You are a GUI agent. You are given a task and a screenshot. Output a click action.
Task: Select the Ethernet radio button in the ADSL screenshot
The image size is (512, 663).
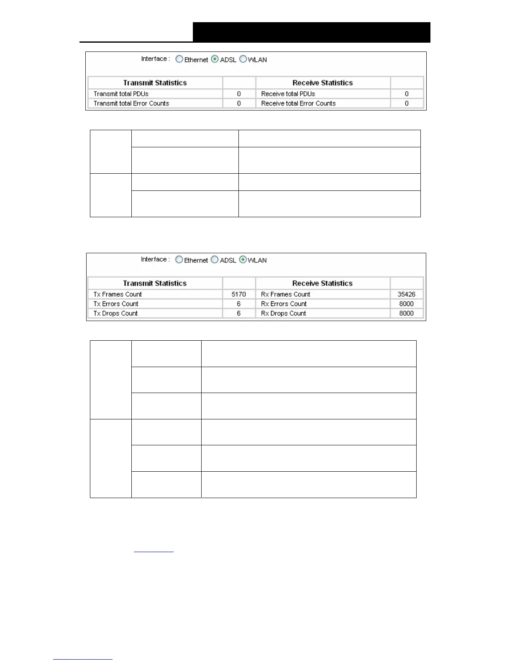[x=179, y=59]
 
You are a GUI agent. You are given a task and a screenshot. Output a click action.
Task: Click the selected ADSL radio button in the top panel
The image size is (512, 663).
[x=215, y=59]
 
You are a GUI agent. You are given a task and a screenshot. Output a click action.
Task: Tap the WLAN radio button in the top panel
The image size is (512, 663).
[x=243, y=59]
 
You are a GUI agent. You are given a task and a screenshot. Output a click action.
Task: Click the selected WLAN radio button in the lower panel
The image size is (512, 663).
[x=243, y=260]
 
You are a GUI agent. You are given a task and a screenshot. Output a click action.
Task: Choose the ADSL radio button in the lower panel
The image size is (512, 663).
[x=215, y=260]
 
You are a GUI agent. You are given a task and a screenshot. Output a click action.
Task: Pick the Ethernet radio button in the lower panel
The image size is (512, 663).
[x=179, y=260]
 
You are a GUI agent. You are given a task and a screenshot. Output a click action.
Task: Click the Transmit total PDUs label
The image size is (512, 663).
[x=121, y=94]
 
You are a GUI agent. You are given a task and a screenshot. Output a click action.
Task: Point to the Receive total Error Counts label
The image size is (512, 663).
[x=298, y=103]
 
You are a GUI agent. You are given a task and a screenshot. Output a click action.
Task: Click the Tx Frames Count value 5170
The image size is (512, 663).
[x=239, y=294]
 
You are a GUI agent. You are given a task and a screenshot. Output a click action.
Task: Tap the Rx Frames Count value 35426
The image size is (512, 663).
[x=406, y=294]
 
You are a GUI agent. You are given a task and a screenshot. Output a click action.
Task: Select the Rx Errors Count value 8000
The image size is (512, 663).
[x=406, y=304]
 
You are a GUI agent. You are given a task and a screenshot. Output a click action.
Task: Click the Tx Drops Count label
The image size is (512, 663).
[x=115, y=314]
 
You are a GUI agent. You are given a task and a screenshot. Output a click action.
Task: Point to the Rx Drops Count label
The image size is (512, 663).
[x=284, y=314]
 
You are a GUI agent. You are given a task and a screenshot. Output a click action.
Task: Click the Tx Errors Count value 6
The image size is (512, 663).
[x=239, y=304]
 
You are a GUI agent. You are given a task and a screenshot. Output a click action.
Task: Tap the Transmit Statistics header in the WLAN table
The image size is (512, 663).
[x=155, y=283]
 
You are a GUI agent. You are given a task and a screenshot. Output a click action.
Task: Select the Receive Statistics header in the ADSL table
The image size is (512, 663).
[x=323, y=83]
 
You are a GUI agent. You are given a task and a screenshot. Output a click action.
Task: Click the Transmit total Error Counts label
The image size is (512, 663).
[x=131, y=103]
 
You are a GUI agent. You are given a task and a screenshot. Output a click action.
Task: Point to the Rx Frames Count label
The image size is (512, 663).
[x=286, y=294]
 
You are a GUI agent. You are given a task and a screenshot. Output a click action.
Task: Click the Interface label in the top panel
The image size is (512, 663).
[x=155, y=59]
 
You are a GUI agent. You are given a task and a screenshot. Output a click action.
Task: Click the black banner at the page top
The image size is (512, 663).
[x=311, y=32]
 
